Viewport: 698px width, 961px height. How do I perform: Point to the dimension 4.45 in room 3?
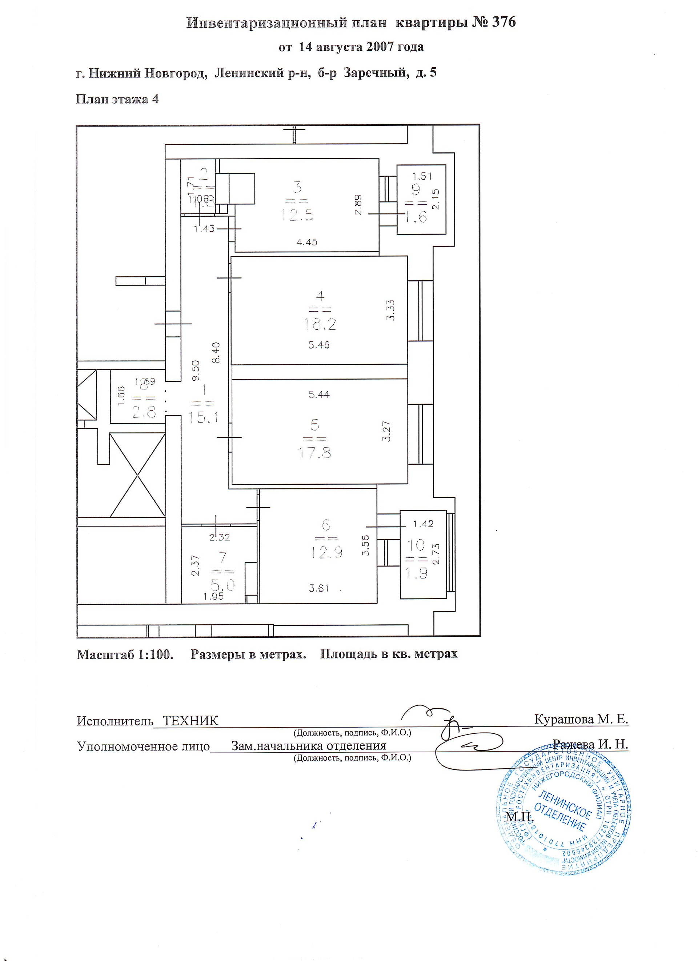(x=306, y=243)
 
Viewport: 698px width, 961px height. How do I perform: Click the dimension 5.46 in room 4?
(x=319, y=345)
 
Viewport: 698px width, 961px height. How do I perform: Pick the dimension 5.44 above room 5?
(x=319, y=395)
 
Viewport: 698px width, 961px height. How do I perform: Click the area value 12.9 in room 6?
(x=326, y=552)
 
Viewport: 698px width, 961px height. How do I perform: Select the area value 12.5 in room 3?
(x=297, y=215)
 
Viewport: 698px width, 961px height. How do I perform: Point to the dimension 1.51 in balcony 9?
(x=422, y=176)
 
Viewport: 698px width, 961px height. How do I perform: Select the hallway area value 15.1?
(x=203, y=417)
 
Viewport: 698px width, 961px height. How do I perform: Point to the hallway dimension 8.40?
(x=216, y=353)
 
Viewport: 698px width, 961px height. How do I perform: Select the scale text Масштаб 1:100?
(x=125, y=654)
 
